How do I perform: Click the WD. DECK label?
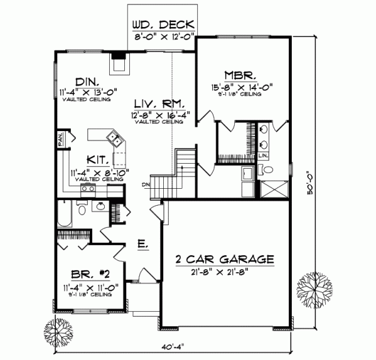(x=163, y=26)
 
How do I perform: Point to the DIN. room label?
(x=86, y=82)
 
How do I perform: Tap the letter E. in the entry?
(x=142, y=245)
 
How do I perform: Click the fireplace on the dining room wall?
(x=118, y=63)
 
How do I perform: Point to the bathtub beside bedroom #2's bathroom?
(x=63, y=214)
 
